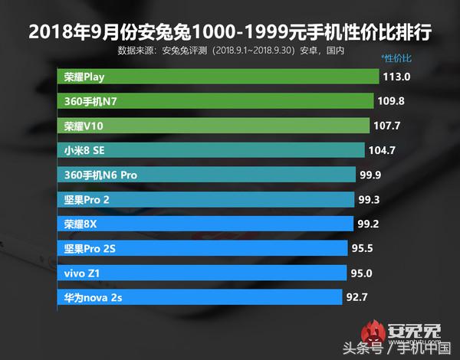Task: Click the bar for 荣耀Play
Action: coord(219,77)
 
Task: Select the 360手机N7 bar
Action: coord(215,101)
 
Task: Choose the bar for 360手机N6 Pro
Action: coord(206,175)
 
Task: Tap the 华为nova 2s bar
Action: coord(199,297)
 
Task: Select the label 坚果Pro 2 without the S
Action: coord(87,199)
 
